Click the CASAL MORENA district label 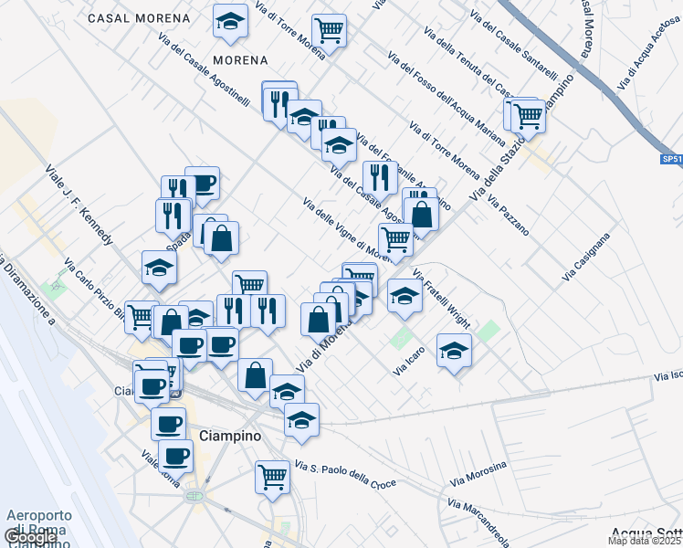click(140, 18)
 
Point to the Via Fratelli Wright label click(441, 299)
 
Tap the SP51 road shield click(671, 160)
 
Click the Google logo click(31, 538)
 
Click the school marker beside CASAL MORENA click(230, 22)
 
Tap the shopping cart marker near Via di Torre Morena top click(328, 30)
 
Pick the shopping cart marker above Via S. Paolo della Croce click(272, 476)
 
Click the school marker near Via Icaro click(454, 351)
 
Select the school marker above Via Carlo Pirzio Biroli click(159, 267)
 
